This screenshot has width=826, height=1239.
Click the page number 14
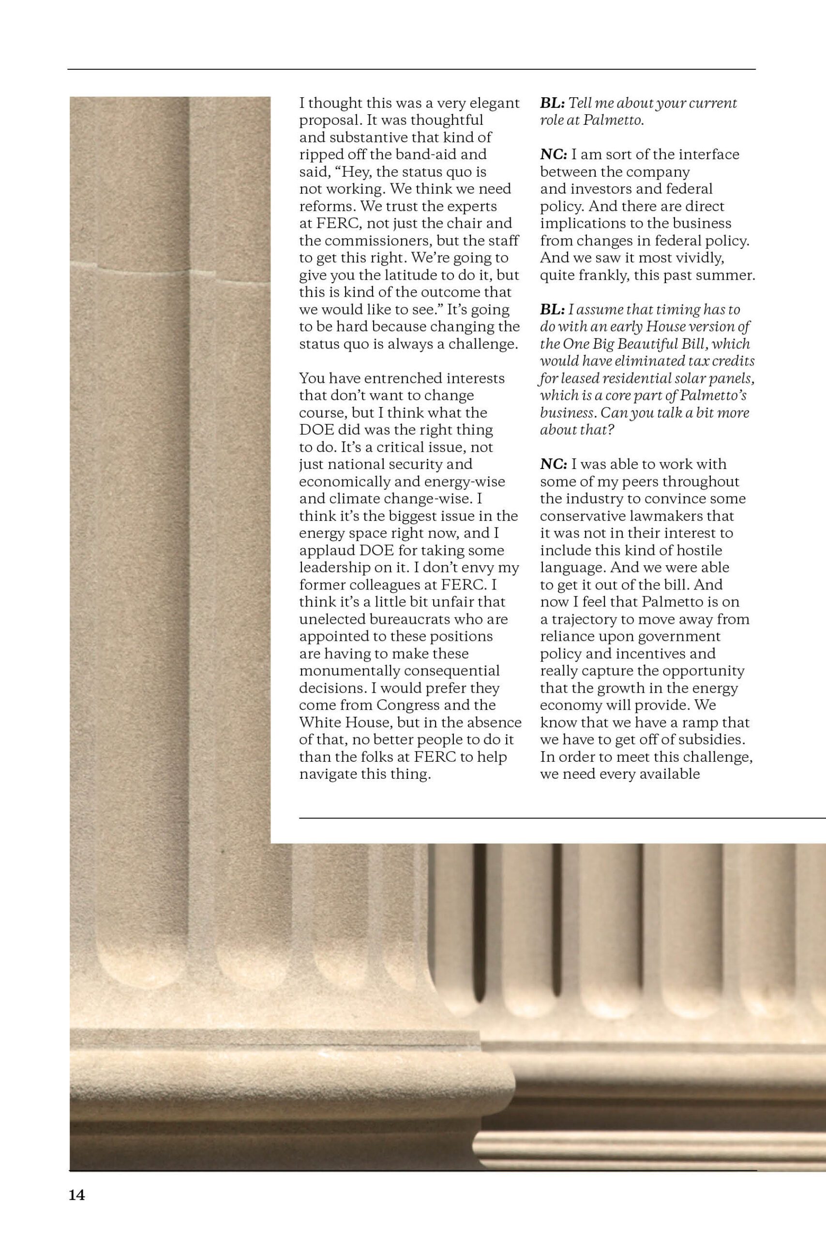tap(76, 1195)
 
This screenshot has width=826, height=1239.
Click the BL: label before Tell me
tap(552, 103)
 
